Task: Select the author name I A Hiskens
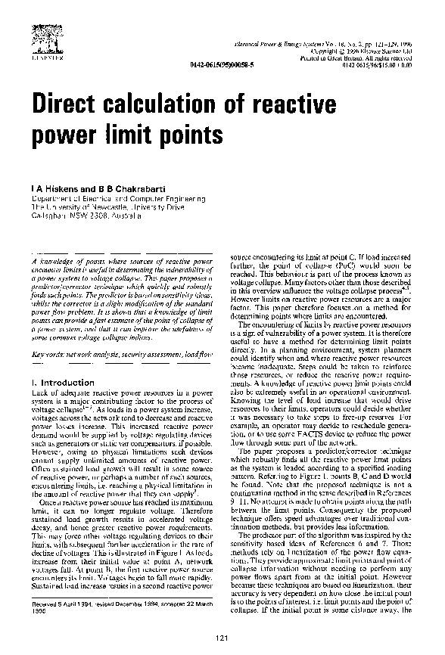[x=54, y=185]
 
